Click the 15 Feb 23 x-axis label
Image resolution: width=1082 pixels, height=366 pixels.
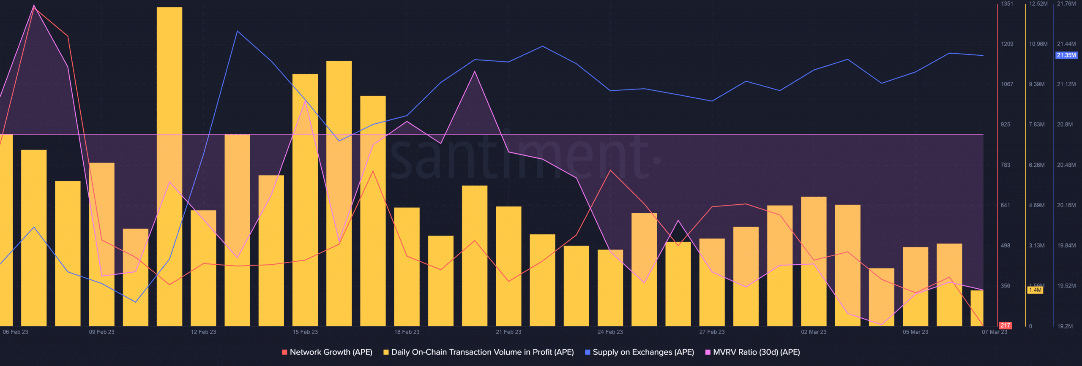[x=305, y=332]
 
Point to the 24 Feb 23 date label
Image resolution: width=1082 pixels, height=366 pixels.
[x=610, y=332]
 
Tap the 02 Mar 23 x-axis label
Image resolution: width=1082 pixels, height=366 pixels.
[x=814, y=332]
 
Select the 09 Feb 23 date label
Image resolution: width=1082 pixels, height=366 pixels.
[x=101, y=332]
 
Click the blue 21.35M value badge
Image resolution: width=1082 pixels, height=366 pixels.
[x=1066, y=55]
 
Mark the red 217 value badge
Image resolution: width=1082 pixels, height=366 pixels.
[x=1005, y=325]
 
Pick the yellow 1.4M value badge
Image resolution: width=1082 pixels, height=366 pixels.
[x=1035, y=290]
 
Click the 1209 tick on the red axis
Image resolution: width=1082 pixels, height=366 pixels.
[x=1007, y=44]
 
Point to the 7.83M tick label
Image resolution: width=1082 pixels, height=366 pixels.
[x=1036, y=125]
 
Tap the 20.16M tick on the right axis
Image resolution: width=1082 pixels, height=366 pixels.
[x=1066, y=205]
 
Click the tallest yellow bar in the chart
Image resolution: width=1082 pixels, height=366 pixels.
[x=169, y=169]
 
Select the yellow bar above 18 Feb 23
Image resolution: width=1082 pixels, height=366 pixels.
[x=407, y=266]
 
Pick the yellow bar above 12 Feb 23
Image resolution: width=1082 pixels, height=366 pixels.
[x=203, y=268]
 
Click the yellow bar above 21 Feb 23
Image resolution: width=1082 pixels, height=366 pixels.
[x=508, y=266]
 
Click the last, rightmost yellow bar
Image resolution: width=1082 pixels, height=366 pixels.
[x=977, y=308]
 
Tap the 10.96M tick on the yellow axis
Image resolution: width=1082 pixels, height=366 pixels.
[x=1038, y=44]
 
